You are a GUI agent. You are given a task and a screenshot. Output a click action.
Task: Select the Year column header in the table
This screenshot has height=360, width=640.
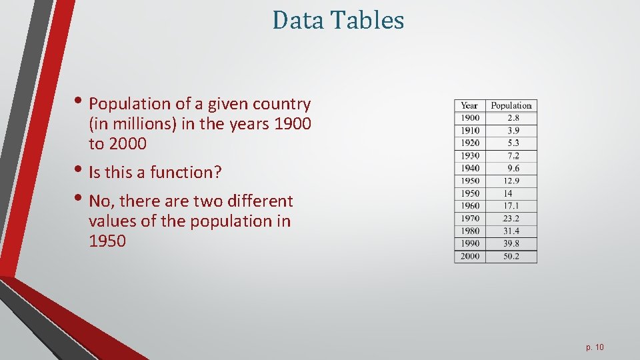coord(469,105)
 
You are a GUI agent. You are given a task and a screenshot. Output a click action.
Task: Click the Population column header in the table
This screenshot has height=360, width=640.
coord(511,105)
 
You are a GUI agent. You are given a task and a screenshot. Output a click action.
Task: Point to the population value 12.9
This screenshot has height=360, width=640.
coord(511,181)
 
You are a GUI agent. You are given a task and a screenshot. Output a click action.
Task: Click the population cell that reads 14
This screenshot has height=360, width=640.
coord(508,193)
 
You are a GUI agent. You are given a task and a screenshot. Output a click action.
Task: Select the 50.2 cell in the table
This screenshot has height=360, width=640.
coord(511,256)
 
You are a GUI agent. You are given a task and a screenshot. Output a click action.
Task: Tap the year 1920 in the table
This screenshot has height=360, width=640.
coord(469,143)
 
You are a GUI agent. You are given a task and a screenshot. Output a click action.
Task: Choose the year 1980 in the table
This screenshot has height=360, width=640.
coord(469,231)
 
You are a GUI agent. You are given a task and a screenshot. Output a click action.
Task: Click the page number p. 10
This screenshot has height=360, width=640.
coord(595,347)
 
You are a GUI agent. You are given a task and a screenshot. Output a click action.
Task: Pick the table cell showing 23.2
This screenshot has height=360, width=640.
coord(511,218)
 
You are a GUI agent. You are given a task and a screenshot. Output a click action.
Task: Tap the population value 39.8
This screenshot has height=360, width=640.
coord(511,243)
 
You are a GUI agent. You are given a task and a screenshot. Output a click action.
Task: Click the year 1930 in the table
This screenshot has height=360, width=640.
coord(469,155)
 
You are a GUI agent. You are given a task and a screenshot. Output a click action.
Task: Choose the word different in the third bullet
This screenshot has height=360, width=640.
coord(261,201)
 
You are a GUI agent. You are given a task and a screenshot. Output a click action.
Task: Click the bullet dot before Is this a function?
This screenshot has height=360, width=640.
coord(83,171)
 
